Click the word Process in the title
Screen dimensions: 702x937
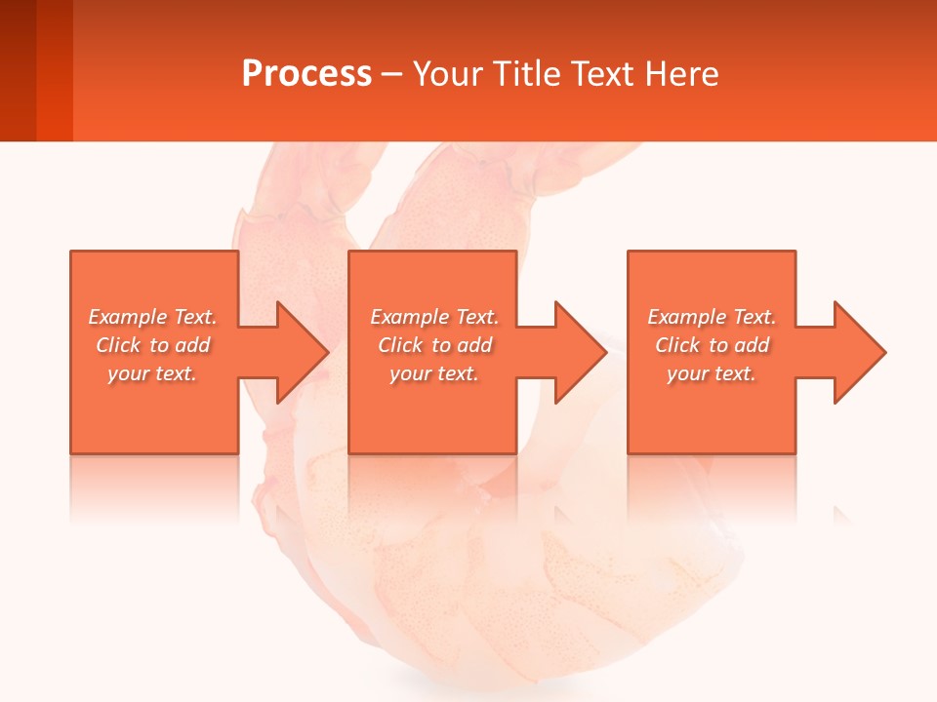click(306, 74)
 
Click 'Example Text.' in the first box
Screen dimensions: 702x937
click(152, 317)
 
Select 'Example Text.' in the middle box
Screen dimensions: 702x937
click(434, 317)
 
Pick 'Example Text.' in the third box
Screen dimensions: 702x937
click(712, 317)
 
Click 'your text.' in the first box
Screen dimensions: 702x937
click(152, 373)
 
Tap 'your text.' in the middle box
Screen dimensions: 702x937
click(434, 373)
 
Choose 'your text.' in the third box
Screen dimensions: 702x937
click(712, 373)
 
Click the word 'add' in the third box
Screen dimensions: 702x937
click(752, 345)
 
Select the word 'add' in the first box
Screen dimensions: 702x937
click(192, 345)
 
